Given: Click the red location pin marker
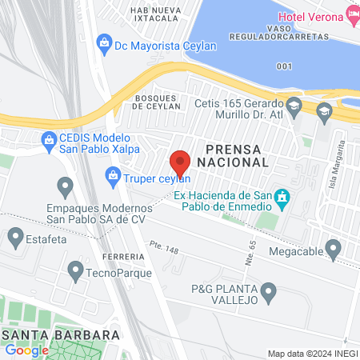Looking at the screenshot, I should click(x=180, y=162).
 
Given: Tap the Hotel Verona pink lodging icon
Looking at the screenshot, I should click(x=353, y=14).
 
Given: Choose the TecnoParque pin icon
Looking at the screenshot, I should click(x=75, y=269).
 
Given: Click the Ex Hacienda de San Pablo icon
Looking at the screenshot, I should click(x=282, y=197).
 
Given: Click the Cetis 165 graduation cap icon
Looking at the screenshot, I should click(x=294, y=105).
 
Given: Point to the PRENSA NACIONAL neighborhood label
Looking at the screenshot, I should click(x=237, y=155).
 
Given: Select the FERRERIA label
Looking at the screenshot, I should click(x=124, y=256).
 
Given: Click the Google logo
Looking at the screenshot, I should click(x=27, y=350).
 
